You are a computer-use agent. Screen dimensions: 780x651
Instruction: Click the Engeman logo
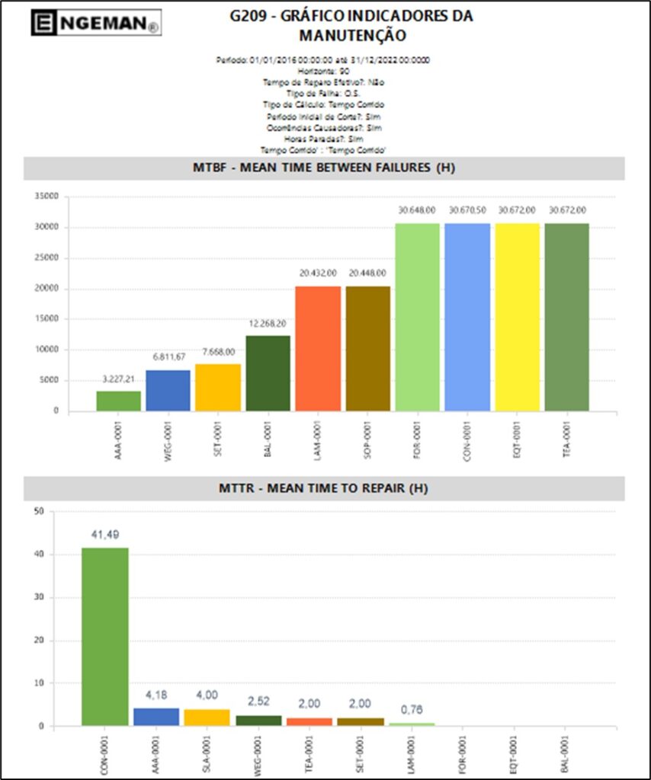pos(95,23)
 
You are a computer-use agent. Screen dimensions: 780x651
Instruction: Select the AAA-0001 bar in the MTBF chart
pos(118,401)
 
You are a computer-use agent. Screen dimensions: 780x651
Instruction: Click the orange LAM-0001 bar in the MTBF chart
pos(318,348)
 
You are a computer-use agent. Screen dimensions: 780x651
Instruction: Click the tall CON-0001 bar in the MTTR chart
pos(105,636)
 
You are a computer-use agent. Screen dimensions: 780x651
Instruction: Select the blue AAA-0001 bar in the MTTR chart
pos(156,717)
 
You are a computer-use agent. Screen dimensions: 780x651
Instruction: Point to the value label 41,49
pos(105,535)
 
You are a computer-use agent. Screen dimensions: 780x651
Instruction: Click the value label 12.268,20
pos(268,323)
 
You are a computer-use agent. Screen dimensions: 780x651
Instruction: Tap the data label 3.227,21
pos(118,379)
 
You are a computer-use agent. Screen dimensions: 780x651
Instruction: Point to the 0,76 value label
pos(412,710)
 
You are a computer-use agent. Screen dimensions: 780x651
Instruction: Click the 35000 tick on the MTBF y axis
pos(47,197)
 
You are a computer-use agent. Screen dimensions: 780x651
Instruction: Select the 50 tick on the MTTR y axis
pos(39,511)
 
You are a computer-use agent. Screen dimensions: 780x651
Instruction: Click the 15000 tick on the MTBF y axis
pos(47,319)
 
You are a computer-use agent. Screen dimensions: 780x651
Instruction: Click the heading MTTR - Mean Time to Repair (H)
pos(324,488)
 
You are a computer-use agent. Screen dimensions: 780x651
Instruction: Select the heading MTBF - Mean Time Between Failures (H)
pos(324,168)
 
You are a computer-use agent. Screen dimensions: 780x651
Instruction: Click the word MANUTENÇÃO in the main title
pos(352,35)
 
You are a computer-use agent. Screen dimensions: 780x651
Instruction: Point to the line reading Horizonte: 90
pos(324,70)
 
